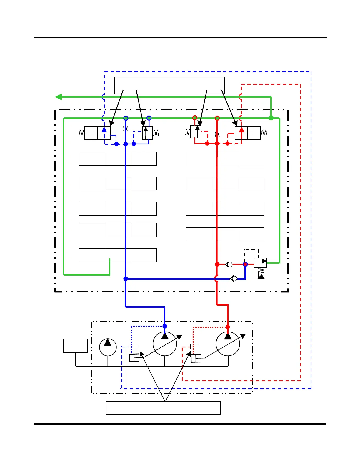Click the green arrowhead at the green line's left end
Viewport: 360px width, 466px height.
click(x=59, y=97)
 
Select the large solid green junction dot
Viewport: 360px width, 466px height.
click(x=271, y=118)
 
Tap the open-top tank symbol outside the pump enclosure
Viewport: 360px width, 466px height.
click(x=76, y=346)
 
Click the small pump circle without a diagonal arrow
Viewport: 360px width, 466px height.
click(x=108, y=347)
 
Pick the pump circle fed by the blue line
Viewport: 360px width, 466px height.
click(x=165, y=344)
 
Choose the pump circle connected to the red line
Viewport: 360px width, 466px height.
click(x=228, y=344)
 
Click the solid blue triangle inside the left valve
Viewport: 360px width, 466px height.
click(x=104, y=130)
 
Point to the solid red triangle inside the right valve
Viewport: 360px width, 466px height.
click(x=241, y=130)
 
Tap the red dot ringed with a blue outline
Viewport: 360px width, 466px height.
click(x=245, y=264)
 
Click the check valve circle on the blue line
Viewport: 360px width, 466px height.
click(x=234, y=278)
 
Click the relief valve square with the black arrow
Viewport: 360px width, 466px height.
click(x=260, y=263)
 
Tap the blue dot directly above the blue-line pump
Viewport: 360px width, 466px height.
click(x=165, y=326)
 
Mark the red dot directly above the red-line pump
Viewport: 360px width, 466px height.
click(x=228, y=327)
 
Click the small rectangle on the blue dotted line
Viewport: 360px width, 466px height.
click(x=134, y=347)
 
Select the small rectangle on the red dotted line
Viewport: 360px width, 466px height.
click(x=195, y=347)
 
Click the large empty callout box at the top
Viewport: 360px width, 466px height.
click(x=169, y=86)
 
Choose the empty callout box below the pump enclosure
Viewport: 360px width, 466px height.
click(x=163, y=408)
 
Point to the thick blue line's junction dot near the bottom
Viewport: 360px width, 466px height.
click(x=126, y=279)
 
